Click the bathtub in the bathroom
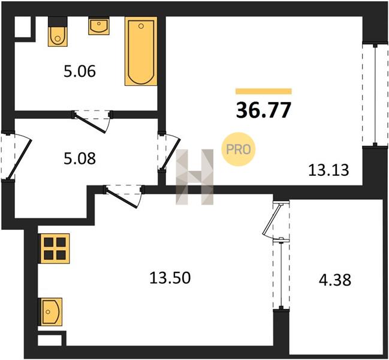click(141, 51)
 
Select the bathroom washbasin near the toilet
click(99, 26)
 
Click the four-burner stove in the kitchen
click(55, 248)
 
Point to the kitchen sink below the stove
click(50, 312)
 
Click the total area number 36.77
click(263, 110)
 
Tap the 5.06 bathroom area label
click(80, 71)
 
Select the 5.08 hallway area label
click(80, 158)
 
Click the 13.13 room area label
click(328, 170)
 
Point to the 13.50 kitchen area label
click(170, 278)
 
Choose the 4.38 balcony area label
click(335, 280)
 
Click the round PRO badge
click(239, 149)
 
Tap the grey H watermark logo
click(194, 177)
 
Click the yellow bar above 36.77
click(264, 91)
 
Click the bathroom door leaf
click(91, 123)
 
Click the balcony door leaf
click(272, 219)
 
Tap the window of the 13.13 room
click(375, 95)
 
